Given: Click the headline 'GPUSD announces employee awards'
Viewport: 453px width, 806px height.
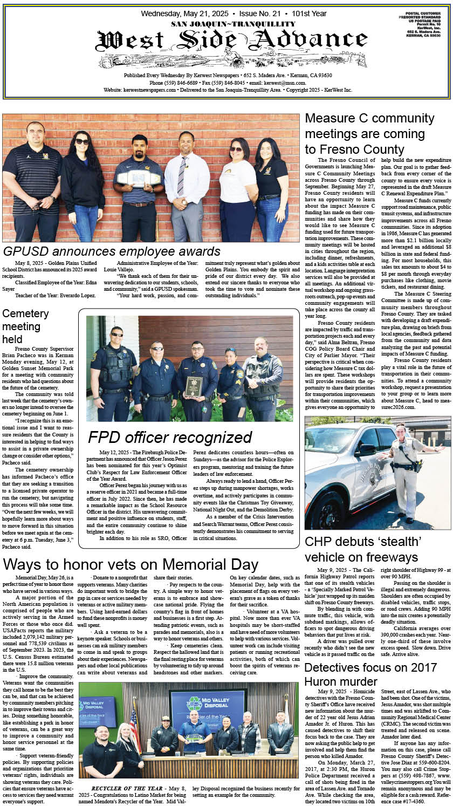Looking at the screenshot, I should [112, 251].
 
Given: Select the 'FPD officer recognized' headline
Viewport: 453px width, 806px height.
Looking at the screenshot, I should [170, 437].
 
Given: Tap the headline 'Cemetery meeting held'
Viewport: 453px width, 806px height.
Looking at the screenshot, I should [25, 326].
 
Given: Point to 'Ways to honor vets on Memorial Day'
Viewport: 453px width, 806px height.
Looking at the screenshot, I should [131, 564].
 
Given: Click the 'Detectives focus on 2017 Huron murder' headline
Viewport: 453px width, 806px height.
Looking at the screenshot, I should [370, 674].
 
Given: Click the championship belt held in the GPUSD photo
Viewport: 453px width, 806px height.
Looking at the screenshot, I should [138, 179].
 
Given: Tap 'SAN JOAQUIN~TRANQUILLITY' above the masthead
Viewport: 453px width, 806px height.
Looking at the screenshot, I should [225, 24].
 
